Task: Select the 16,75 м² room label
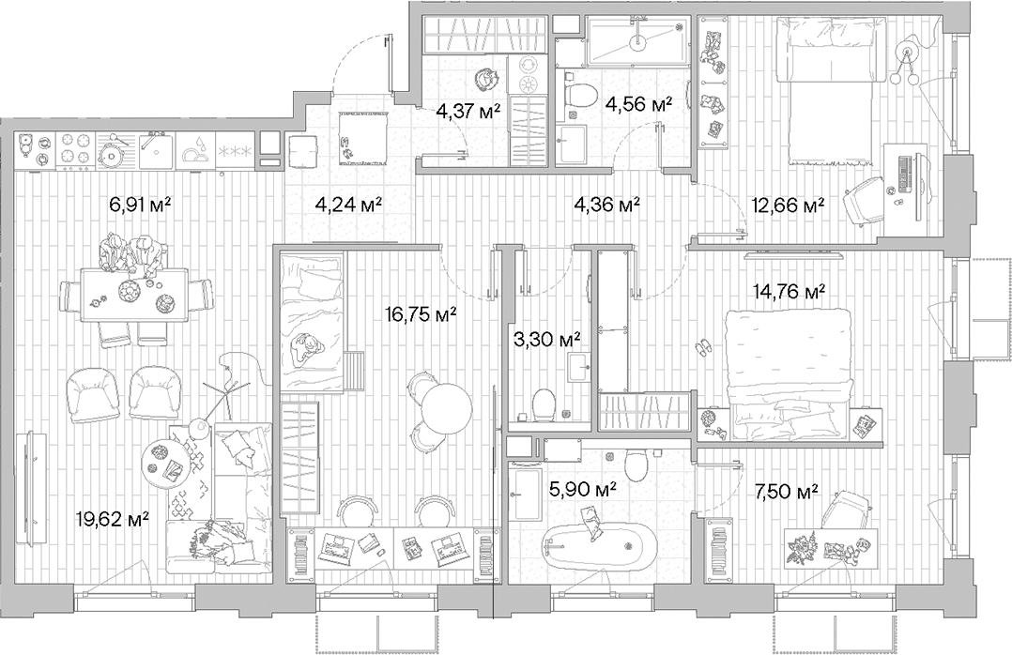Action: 422,315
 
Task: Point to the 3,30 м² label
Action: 544,337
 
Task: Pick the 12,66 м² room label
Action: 789,204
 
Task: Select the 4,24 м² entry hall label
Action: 346,203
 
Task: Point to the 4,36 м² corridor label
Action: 606,203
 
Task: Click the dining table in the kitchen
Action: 133,294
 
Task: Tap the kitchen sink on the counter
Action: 154,146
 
